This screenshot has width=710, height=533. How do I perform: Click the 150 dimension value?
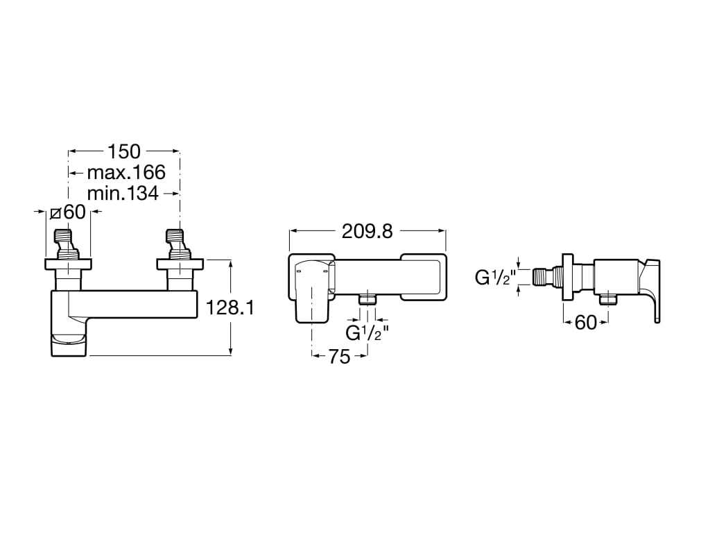point(124,151)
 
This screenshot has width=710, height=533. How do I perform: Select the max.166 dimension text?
point(126,172)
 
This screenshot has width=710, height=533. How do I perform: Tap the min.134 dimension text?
point(123,193)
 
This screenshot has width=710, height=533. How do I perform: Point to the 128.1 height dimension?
point(230,307)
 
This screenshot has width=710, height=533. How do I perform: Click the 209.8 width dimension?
point(367,232)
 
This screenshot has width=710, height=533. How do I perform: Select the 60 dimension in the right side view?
point(586,322)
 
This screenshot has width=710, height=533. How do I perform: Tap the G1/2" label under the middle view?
point(366,333)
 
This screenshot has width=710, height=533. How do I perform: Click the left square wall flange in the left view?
point(68,264)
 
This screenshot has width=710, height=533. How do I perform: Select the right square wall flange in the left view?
point(180,264)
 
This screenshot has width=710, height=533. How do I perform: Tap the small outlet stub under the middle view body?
point(367,299)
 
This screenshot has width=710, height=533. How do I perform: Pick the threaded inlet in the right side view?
point(547,277)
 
